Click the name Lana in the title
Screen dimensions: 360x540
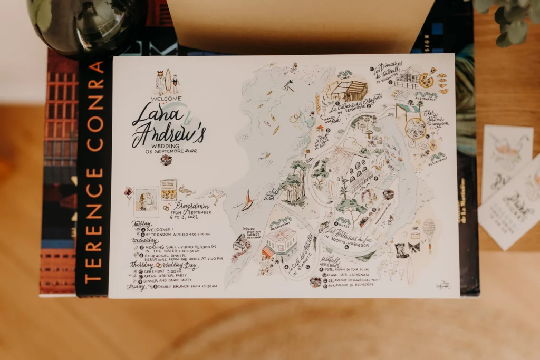(x=150, y=114)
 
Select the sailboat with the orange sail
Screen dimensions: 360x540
(x=247, y=201)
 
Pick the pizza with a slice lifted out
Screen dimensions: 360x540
(x=426, y=81)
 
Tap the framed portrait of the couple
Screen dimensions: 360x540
(x=146, y=201)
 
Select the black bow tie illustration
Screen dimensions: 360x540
(x=413, y=247)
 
